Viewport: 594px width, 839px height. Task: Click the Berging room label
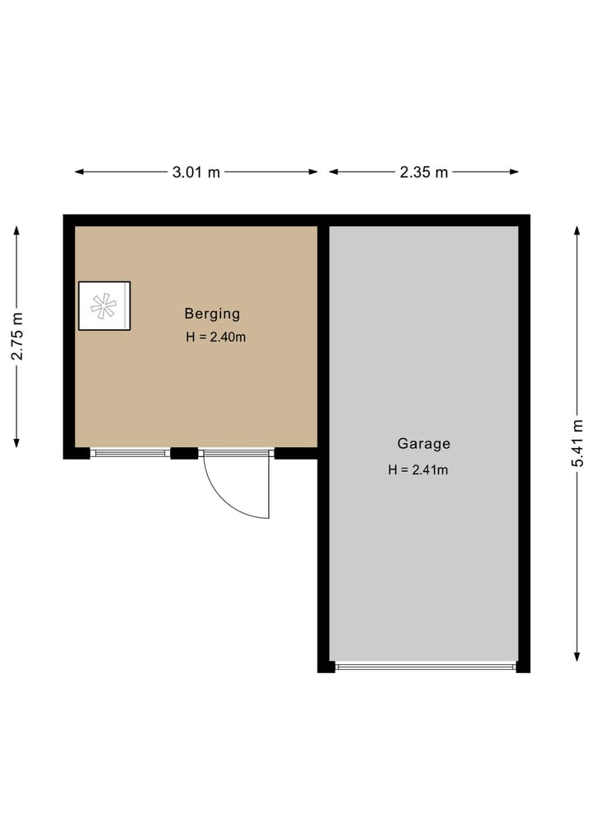pos(212,313)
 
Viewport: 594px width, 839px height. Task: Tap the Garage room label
pos(424,444)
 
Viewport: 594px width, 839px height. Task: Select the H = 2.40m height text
pos(216,337)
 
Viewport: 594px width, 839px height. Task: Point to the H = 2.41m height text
pos(418,470)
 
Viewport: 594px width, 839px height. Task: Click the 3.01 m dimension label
pos(196,172)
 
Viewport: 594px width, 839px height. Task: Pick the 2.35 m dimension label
pos(424,172)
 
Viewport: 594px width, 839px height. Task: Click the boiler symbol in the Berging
pos(104,306)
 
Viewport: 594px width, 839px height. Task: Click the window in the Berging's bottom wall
pos(130,453)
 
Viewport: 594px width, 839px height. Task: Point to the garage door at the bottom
pos(426,666)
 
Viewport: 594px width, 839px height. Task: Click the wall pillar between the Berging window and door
pos(184,453)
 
